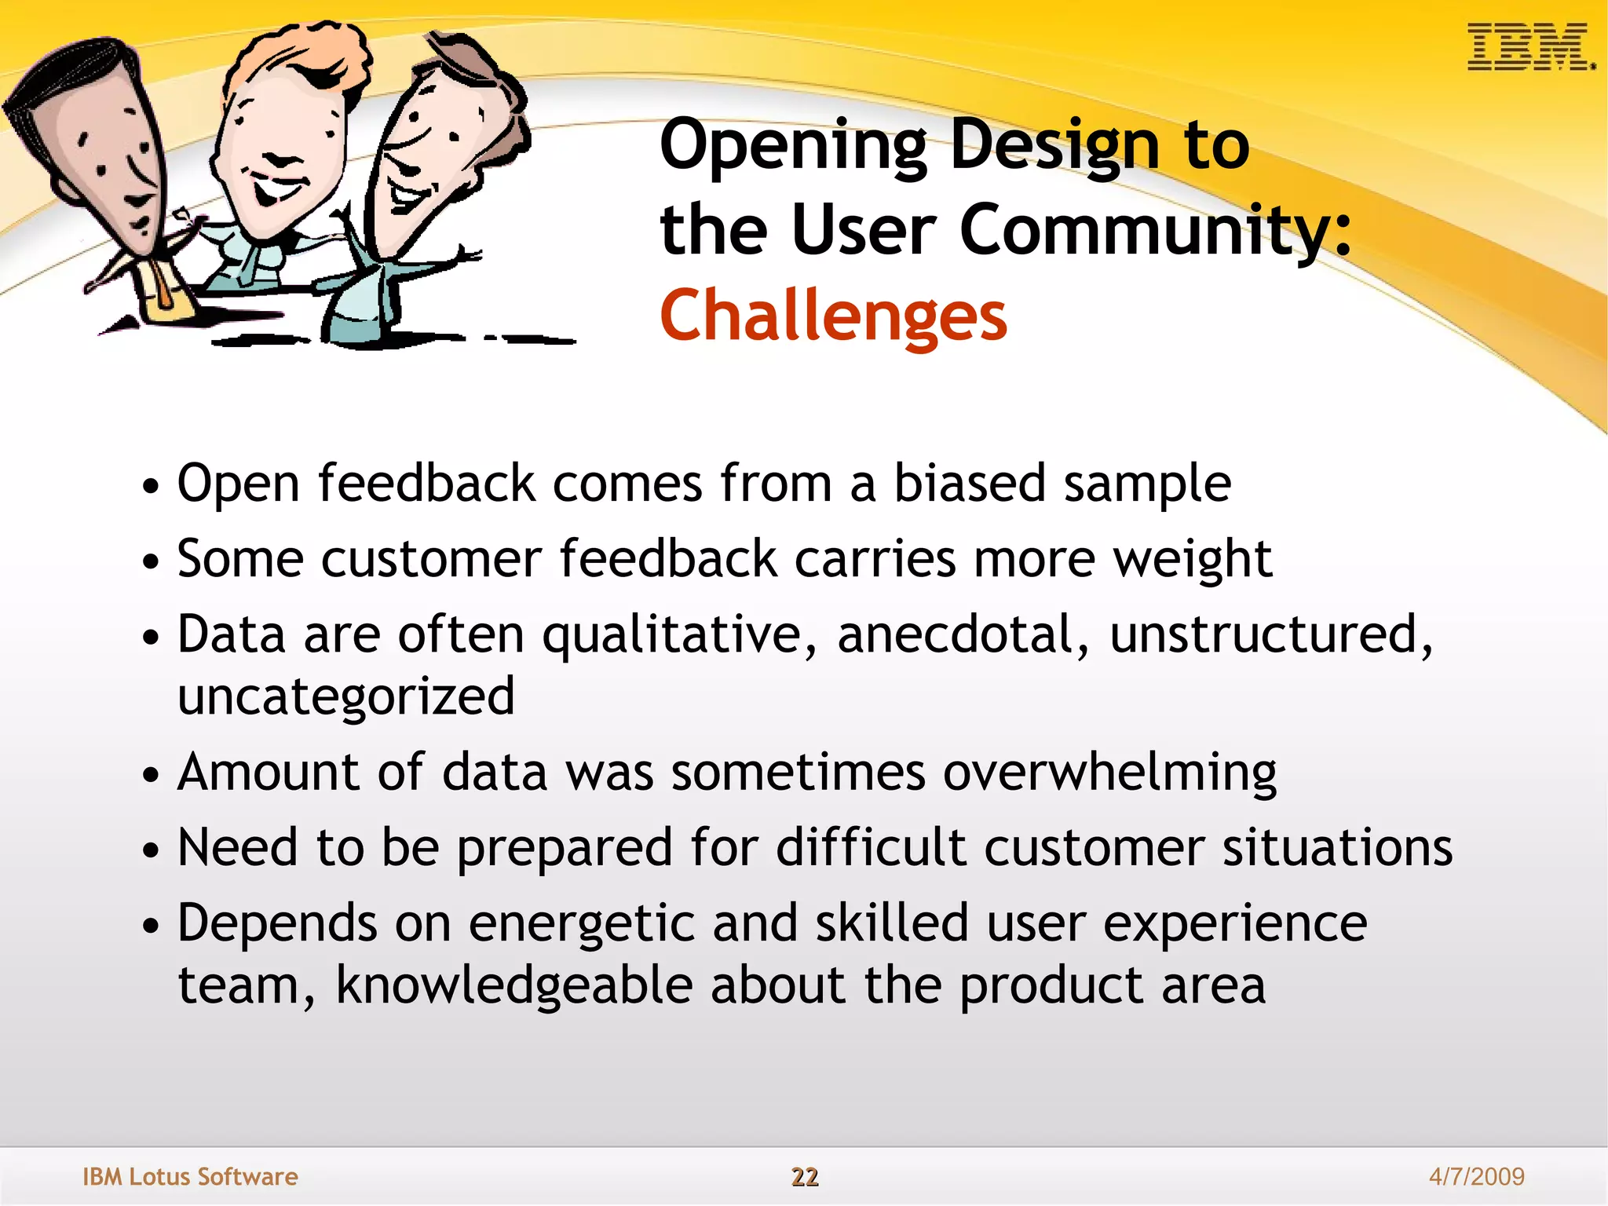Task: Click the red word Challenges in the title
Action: pyautogui.click(x=833, y=316)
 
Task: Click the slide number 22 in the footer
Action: pyautogui.click(x=804, y=1176)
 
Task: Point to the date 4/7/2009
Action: pyautogui.click(x=1476, y=1176)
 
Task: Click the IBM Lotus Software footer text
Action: pyautogui.click(x=190, y=1176)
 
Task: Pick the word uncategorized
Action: pyautogui.click(x=345, y=697)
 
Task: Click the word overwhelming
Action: pyautogui.click(x=1109, y=773)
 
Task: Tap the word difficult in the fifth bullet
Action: pyautogui.click(x=871, y=848)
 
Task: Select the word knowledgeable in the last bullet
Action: pyautogui.click(x=514, y=985)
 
